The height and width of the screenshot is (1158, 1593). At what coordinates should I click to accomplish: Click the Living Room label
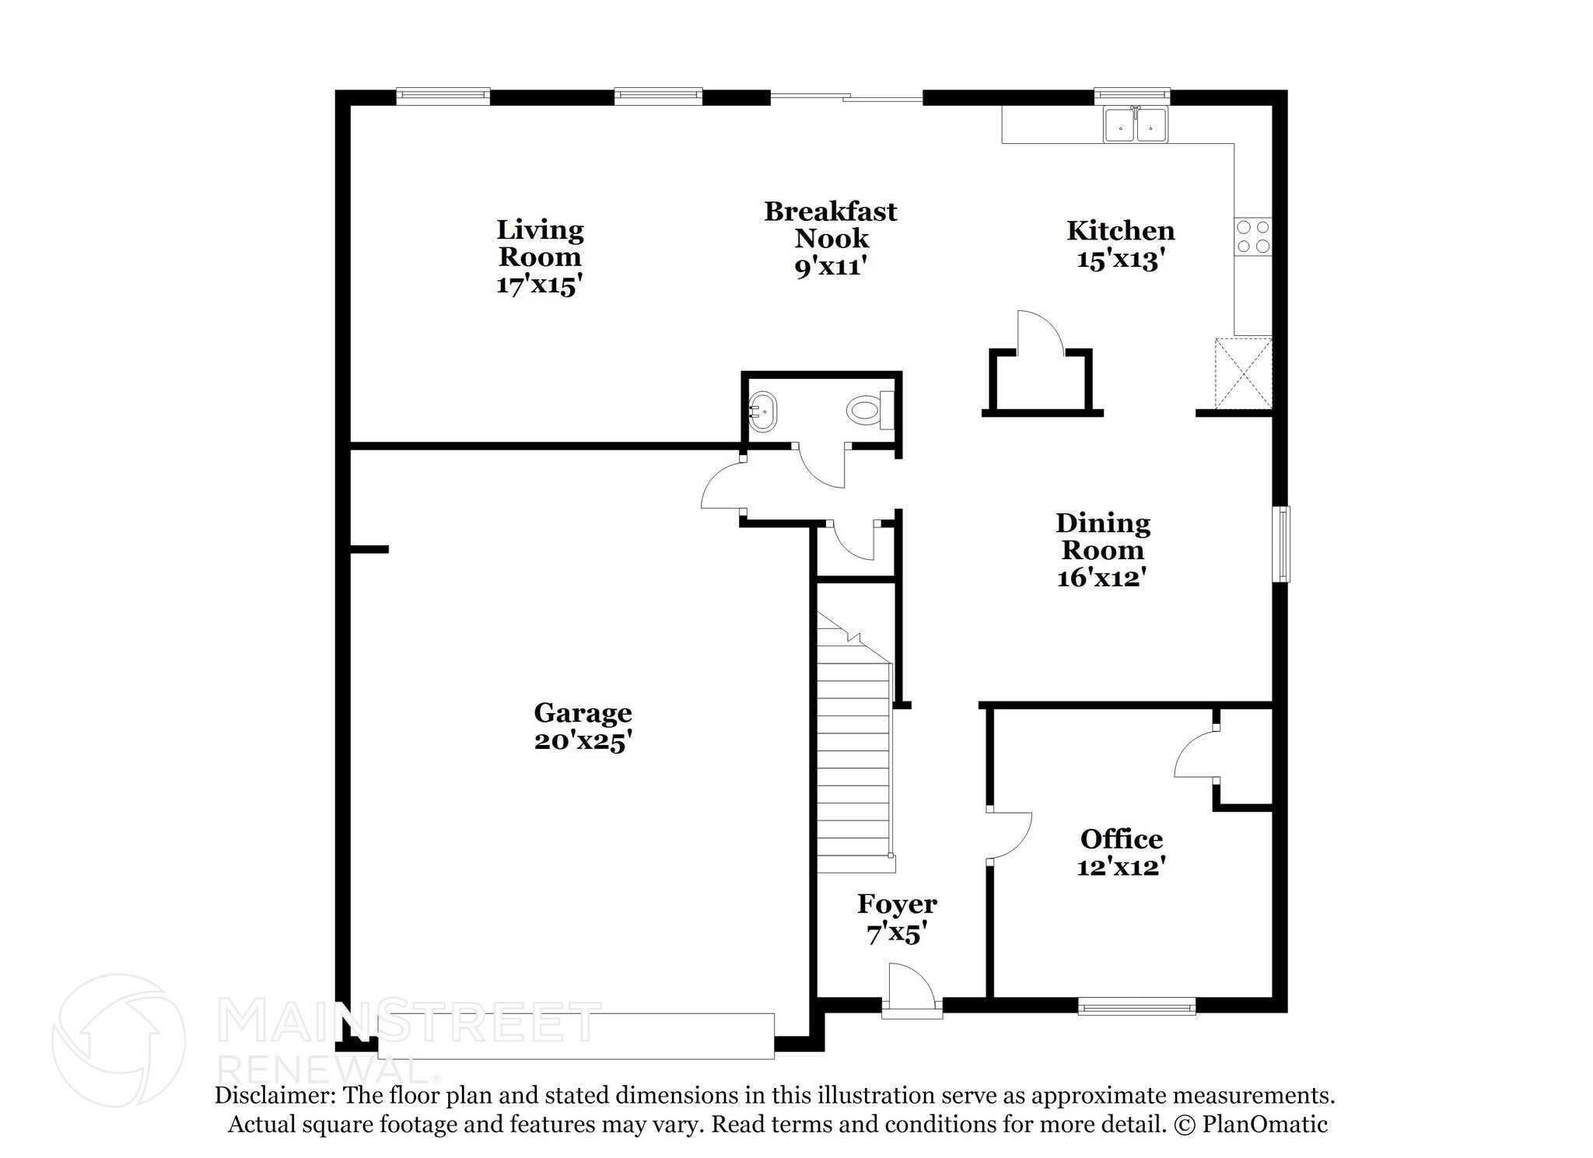tap(540, 243)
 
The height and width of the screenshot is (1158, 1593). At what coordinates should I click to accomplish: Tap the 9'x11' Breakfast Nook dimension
tap(830, 267)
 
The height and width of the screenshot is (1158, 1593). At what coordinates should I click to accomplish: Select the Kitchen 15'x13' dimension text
tap(1120, 259)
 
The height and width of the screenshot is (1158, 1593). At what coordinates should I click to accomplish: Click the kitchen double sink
tap(1136, 125)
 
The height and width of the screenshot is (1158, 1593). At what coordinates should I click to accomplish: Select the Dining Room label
tap(1102, 537)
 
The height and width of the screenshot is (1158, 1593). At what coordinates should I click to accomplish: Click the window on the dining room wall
tap(1280, 544)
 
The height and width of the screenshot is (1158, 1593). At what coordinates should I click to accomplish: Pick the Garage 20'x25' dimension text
tap(582, 741)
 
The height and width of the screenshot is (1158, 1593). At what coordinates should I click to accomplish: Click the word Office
tap(1121, 839)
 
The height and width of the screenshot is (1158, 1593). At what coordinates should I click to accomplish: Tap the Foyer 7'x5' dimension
tap(897, 932)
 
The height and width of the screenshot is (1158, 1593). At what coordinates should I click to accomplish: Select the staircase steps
tap(853, 762)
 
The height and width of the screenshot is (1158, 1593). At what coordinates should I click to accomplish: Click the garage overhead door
tap(576, 1035)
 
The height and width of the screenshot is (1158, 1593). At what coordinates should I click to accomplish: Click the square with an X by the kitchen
tap(1243, 373)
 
